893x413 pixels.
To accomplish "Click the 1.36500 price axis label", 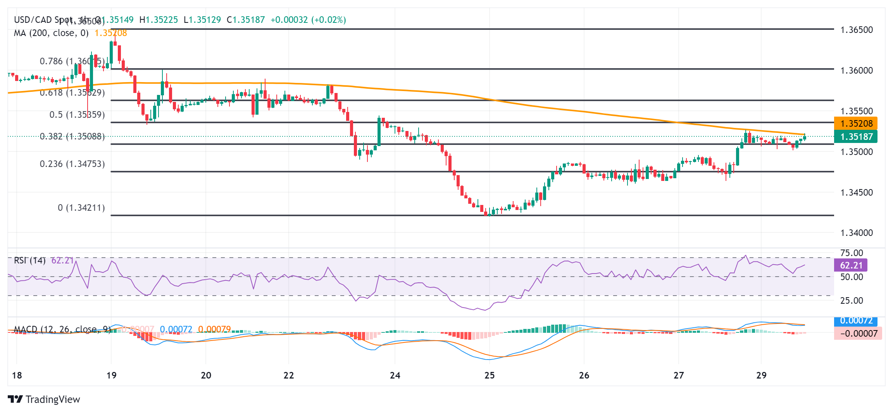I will click(856, 30).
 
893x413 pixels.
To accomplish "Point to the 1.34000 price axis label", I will click(856, 233).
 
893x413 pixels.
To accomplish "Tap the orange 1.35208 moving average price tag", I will click(856, 124).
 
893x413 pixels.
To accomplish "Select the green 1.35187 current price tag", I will click(856, 137).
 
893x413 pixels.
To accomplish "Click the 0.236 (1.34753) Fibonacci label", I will click(72, 164).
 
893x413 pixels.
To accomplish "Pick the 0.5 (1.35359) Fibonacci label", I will click(77, 115).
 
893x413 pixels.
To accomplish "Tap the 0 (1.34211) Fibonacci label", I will click(81, 208).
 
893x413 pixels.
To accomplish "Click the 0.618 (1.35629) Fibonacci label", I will click(72, 93).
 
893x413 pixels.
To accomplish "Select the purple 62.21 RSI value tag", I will click(851, 265).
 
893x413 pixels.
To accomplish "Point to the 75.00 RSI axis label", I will click(852, 253).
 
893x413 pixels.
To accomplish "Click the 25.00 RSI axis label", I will click(852, 301).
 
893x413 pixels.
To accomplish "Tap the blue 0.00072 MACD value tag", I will click(856, 321).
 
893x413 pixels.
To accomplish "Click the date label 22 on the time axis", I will click(289, 375).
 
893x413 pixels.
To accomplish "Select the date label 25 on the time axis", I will click(490, 375).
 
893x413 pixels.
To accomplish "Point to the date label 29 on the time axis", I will click(761, 375).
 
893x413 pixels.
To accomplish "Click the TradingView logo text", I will click(52, 399).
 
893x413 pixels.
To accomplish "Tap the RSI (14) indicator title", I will click(29, 260).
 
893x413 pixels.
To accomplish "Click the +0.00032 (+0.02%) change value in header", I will click(308, 20).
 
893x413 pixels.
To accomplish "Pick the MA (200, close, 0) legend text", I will click(51, 33).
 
